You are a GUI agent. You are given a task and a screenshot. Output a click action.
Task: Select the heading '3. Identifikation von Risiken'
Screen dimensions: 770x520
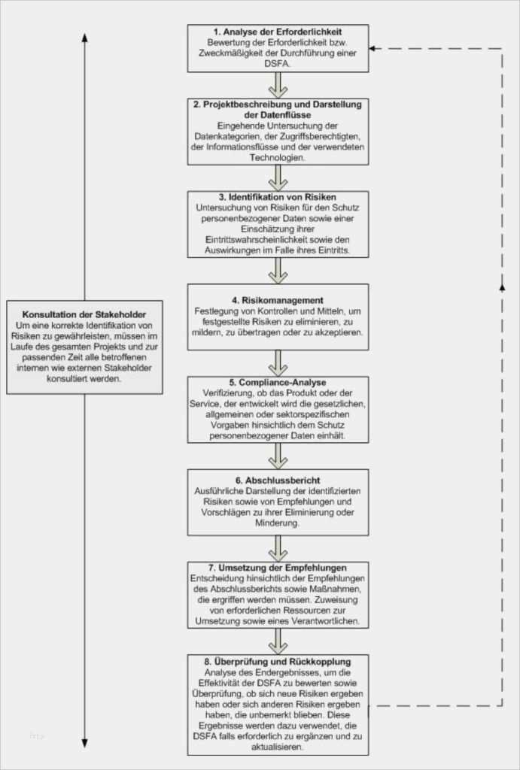[x=278, y=197]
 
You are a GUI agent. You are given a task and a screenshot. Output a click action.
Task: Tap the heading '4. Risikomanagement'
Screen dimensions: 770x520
[x=278, y=300]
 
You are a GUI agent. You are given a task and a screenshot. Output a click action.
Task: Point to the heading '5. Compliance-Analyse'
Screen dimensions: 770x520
[x=278, y=383]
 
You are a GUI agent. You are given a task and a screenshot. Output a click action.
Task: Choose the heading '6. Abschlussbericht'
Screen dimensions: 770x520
[x=278, y=479]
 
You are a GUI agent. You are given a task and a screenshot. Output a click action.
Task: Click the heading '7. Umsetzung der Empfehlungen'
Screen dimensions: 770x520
[x=278, y=567]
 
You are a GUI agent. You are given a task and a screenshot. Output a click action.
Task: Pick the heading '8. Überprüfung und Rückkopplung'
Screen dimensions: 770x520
[x=278, y=661]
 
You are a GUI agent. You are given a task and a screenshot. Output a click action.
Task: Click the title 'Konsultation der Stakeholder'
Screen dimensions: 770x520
[x=84, y=314]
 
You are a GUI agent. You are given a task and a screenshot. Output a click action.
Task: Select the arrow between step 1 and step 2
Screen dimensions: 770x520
[x=278, y=84]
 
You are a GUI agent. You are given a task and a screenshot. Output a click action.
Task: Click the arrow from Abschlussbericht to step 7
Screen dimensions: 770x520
[x=278, y=547]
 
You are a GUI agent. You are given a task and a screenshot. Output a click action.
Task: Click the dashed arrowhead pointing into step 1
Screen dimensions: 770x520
[x=374, y=48]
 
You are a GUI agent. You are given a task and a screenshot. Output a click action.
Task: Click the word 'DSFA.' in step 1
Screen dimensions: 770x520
[x=278, y=64]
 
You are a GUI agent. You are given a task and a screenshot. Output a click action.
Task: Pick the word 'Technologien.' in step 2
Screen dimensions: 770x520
[x=278, y=158]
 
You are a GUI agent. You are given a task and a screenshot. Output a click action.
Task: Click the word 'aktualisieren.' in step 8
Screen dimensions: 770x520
[x=278, y=747]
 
